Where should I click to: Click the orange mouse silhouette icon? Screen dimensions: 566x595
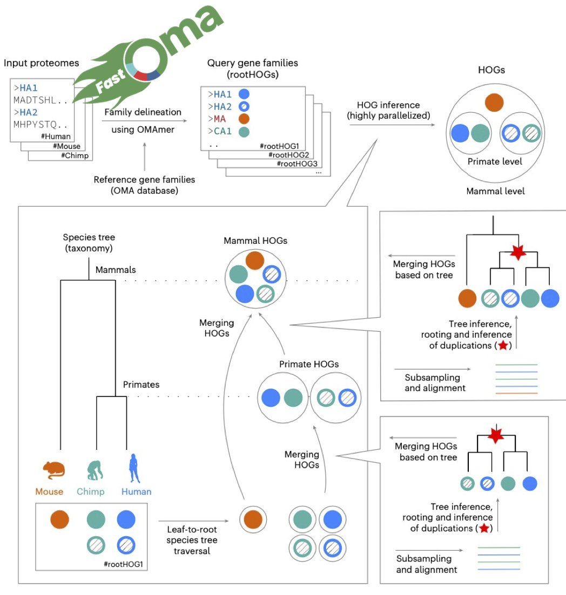click(53, 470)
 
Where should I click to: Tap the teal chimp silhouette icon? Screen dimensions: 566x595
click(95, 470)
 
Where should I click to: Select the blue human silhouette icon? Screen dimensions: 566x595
click(134, 468)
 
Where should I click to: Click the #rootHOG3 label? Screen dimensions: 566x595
click(297, 163)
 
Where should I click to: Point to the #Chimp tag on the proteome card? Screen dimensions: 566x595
click(75, 155)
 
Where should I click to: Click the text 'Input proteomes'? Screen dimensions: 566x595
click(42, 63)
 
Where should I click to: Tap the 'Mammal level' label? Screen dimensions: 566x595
click(495, 191)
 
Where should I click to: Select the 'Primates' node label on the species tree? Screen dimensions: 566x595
click(141, 385)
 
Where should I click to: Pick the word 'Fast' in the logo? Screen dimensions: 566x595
click(110, 81)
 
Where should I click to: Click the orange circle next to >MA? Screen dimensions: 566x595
click(244, 119)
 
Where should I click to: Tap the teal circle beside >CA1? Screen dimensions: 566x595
click(244, 132)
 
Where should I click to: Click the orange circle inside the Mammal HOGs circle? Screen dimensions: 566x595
click(255, 261)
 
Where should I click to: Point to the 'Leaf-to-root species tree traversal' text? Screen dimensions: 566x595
click(192, 540)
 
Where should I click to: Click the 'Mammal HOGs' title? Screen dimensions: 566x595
click(255, 241)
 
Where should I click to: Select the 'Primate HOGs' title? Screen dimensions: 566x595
click(309, 364)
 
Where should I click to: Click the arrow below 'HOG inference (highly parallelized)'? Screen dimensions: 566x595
click(392, 125)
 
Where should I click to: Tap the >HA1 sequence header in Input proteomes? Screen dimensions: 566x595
click(25, 88)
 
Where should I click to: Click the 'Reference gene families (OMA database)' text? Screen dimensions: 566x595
click(144, 185)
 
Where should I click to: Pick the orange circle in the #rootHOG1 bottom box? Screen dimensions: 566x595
click(59, 519)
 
